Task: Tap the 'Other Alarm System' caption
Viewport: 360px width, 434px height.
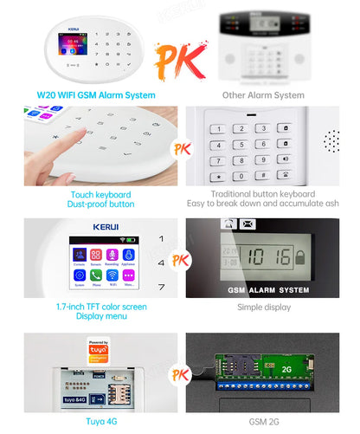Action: point(263,94)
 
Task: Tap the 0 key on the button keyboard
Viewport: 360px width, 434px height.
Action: point(242,176)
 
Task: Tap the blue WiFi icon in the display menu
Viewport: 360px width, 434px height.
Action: point(111,275)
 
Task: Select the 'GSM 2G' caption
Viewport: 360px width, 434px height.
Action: point(263,422)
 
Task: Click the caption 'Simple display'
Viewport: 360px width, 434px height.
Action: point(263,307)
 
